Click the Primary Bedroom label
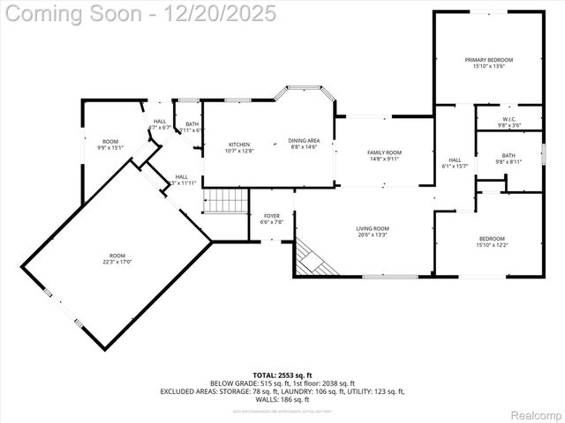coord(488,60)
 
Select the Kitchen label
coord(239,145)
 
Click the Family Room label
coord(384,153)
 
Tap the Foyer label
coord(272,216)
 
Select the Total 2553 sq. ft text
coord(282,375)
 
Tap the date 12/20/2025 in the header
coord(224,13)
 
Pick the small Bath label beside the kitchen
coord(192,124)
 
